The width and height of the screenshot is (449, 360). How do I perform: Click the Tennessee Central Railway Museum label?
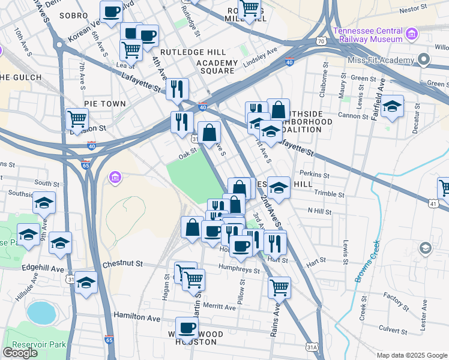click(367, 35)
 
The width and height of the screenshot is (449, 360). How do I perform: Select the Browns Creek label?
click(367, 262)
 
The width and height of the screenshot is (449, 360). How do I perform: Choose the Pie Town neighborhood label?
click(105, 104)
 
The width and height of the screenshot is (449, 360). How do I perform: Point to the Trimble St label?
click(330, 194)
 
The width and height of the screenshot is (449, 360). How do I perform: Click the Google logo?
click(20, 353)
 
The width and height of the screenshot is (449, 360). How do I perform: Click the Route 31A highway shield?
click(312, 347)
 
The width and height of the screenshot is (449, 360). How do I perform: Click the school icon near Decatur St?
click(393, 107)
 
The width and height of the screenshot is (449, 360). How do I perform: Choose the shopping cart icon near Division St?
click(77, 120)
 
